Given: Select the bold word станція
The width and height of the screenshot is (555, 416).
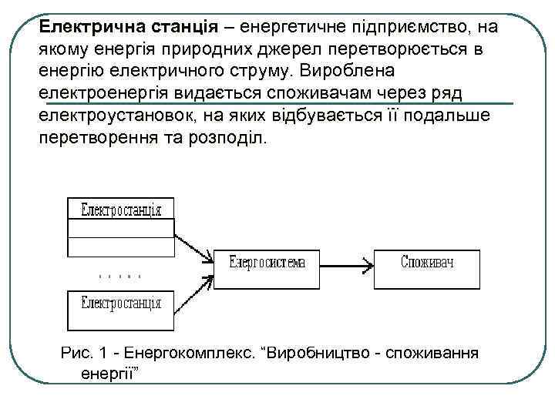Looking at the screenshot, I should (183, 27).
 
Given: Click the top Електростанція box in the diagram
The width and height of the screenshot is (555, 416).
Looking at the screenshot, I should (122, 209).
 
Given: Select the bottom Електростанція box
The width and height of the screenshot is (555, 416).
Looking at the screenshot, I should (122, 303).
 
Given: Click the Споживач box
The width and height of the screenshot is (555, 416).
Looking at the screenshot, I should (427, 263).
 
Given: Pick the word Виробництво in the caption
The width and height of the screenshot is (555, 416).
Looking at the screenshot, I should (311, 354).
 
